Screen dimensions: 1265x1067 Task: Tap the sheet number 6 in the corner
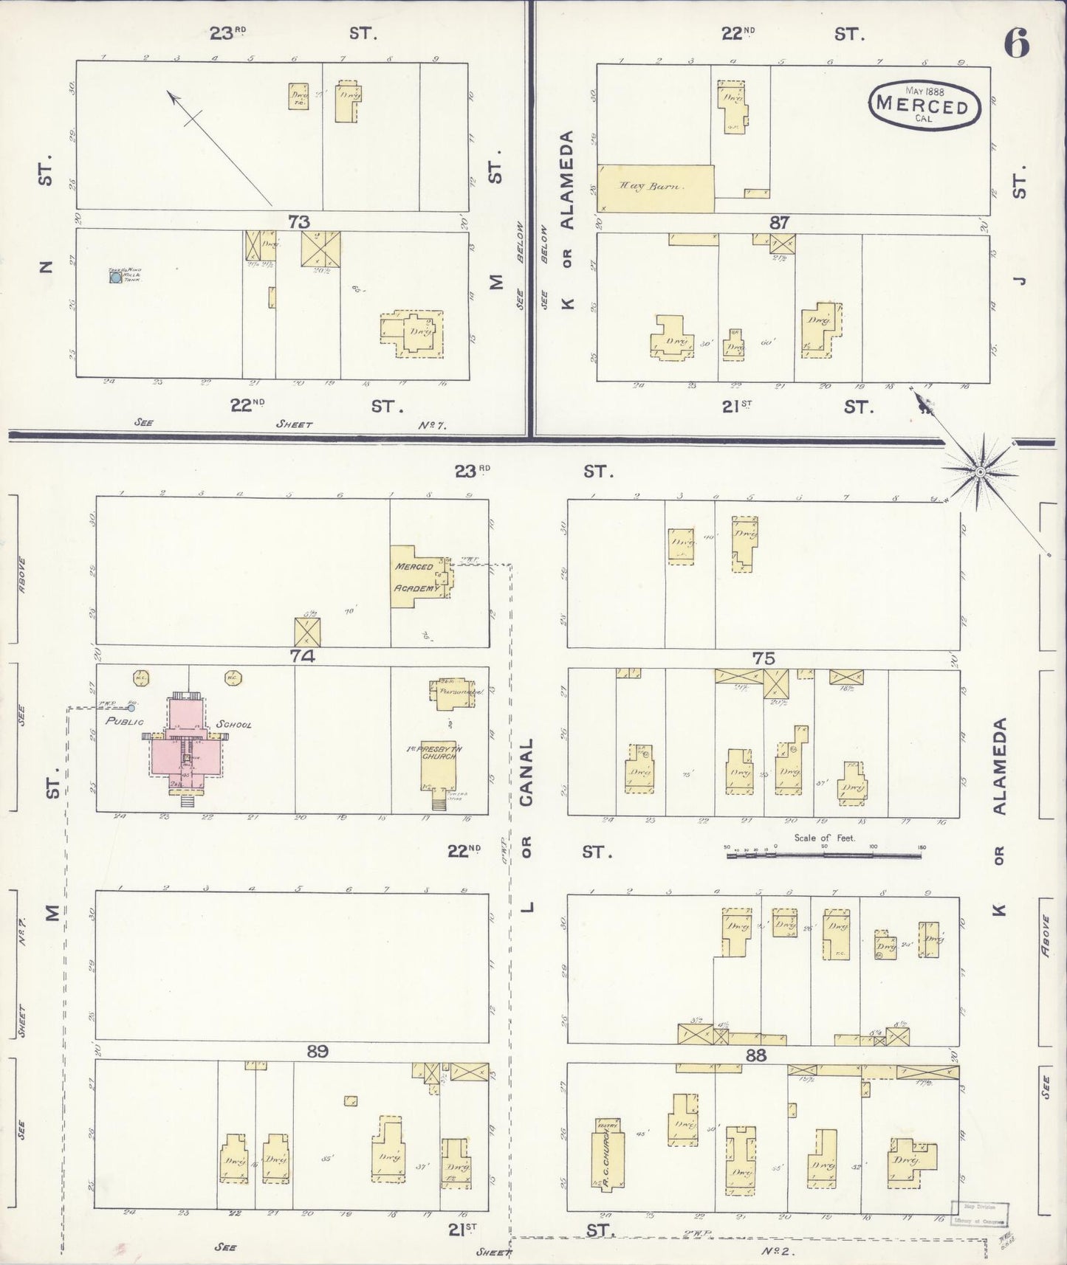[x=1016, y=44]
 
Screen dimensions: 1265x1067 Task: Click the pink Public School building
[x=184, y=746]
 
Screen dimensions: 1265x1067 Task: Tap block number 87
[x=780, y=221]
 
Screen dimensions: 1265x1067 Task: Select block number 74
[x=303, y=655]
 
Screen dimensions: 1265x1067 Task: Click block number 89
[x=317, y=1051]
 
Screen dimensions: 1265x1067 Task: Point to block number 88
[x=756, y=1055]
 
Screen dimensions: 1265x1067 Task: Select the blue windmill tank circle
[x=116, y=278]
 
